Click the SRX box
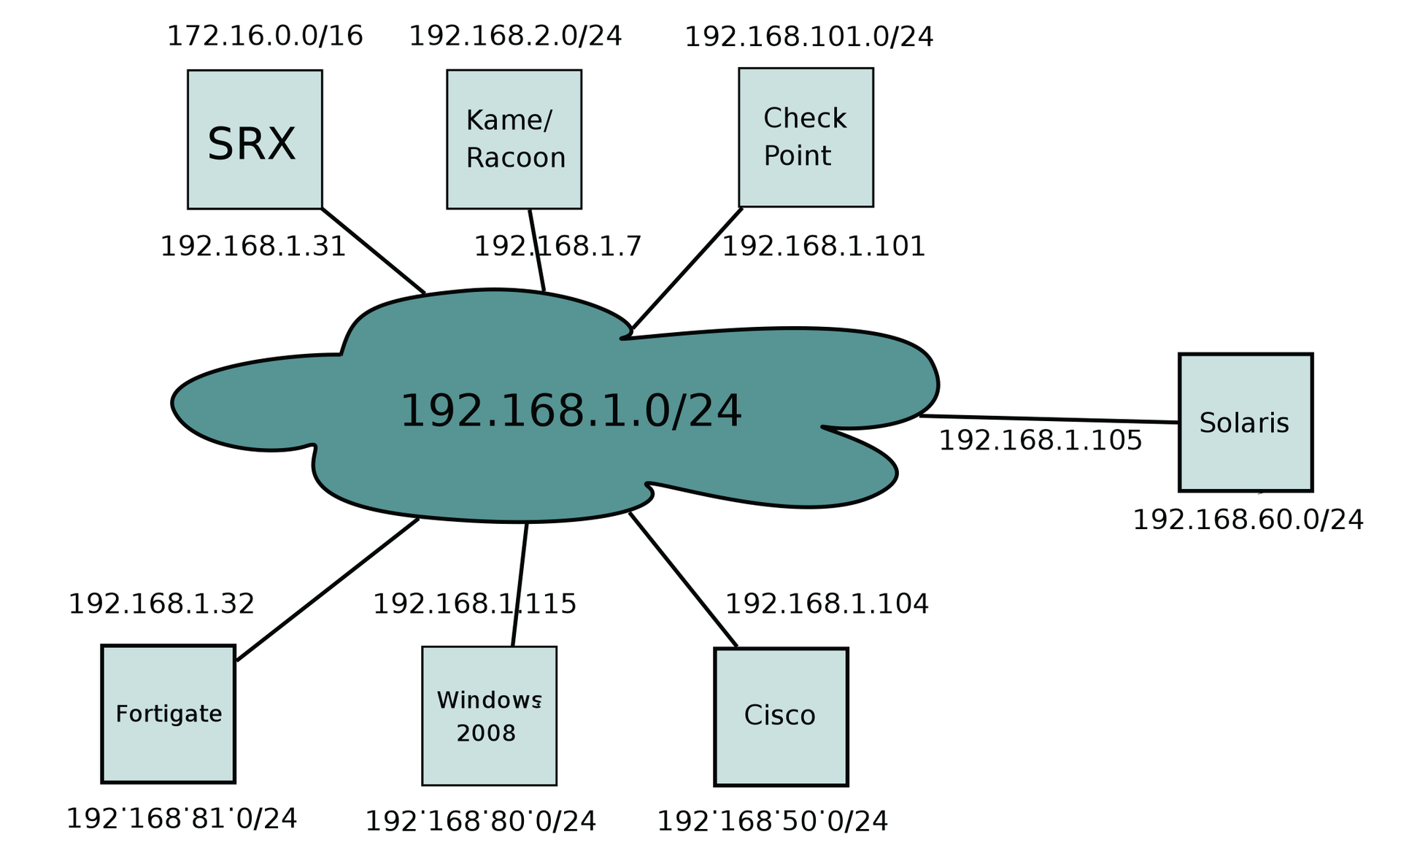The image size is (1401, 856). (255, 139)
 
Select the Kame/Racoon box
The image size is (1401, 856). (514, 139)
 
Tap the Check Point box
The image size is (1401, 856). (806, 137)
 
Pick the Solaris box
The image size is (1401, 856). (1246, 423)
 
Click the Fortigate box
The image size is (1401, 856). (168, 714)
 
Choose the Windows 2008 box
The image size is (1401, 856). (489, 716)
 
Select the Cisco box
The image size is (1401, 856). (781, 717)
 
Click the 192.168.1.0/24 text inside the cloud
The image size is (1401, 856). (571, 411)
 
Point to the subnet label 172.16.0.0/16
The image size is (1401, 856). (265, 36)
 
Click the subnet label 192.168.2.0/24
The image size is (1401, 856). (515, 36)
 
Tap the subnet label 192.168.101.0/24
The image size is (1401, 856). (808, 36)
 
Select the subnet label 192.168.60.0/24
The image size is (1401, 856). (1248, 520)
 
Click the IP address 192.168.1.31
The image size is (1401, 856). (252, 247)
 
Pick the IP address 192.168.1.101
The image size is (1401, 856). (824, 247)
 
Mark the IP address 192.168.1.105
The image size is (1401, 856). (1040, 441)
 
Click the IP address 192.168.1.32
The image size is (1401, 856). (161, 604)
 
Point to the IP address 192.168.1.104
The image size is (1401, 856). (827, 604)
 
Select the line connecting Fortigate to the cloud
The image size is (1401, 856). (328, 589)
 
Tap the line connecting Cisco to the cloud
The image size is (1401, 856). (683, 579)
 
